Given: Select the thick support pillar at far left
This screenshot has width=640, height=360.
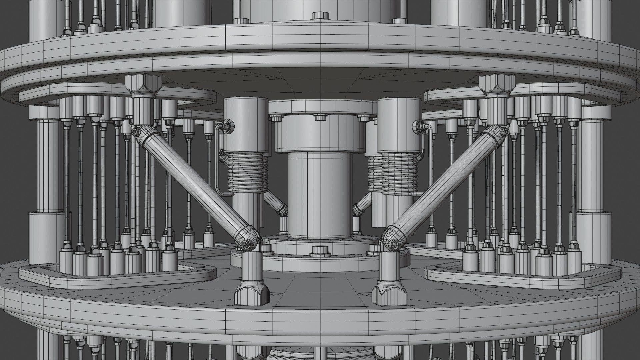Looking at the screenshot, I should (x=47, y=167).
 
